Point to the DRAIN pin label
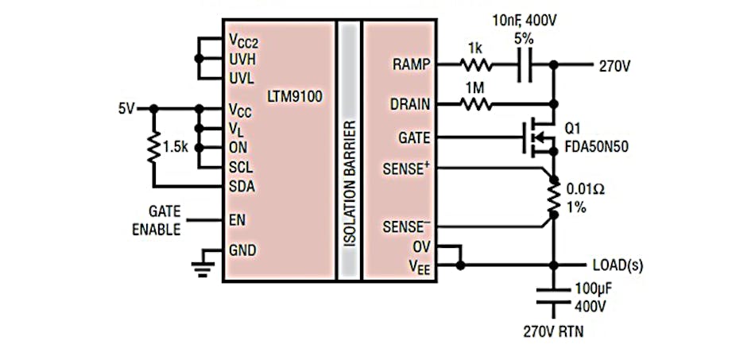click(x=411, y=103)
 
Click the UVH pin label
click(x=242, y=59)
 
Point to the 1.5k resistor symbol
click(x=153, y=148)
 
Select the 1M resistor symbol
click(x=475, y=103)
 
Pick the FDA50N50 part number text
click(x=598, y=145)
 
